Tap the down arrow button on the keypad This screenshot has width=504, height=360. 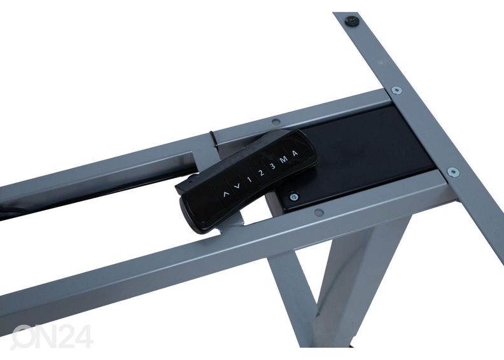(x=237, y=186)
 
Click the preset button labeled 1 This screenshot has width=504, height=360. (x=249, y=179)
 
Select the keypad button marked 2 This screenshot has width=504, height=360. (x=262, y=173)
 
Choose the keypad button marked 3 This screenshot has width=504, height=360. (x=272, y=166)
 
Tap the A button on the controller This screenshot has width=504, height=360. (x=295, y=153)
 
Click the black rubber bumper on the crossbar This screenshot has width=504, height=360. (x=352, y=21)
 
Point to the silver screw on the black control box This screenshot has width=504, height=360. (x=293, y=197)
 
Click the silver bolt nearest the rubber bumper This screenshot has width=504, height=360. (x=396, y=90)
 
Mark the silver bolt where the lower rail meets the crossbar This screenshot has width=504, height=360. (x=453, y=172)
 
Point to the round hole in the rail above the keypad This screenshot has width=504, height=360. (x=276, y=121)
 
